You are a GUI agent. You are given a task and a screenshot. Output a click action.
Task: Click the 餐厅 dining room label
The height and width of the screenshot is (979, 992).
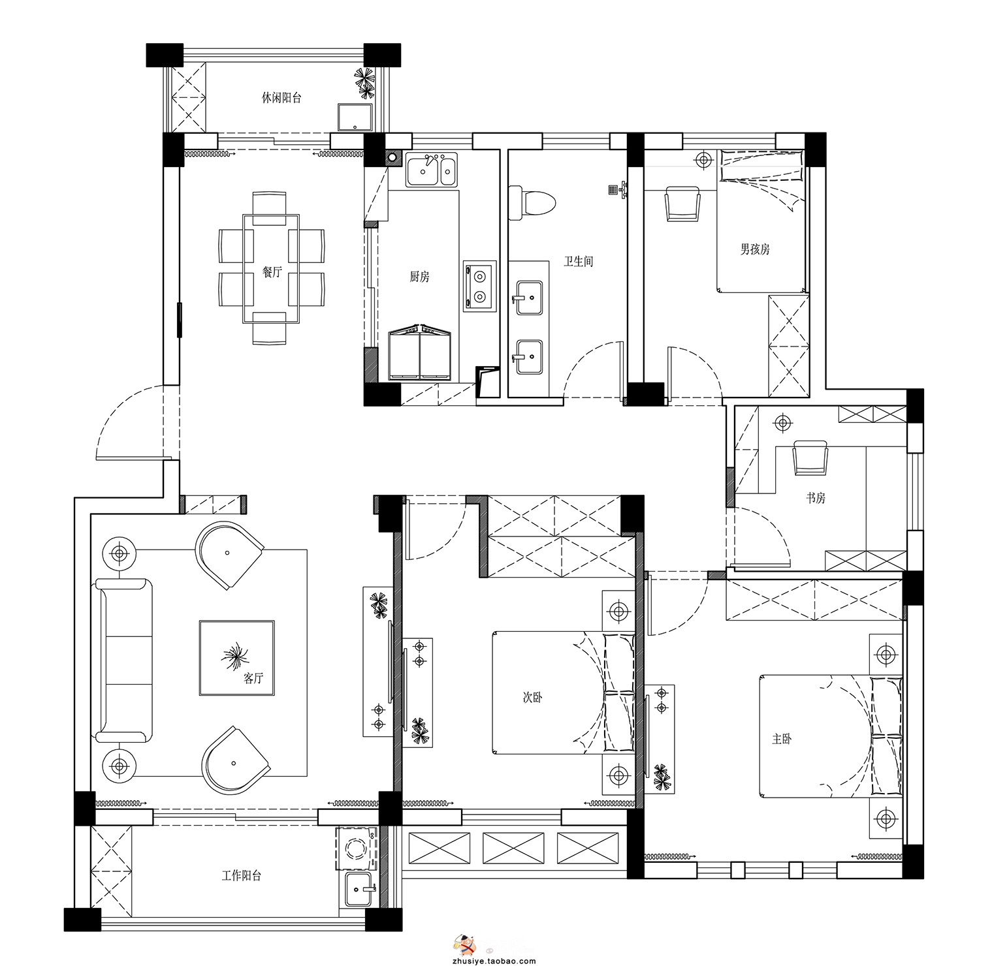coord(272,272)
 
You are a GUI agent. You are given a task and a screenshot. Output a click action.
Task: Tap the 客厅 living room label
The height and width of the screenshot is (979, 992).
coord(253,678)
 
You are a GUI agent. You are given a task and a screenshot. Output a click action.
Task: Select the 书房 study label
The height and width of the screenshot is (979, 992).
coord(816,498)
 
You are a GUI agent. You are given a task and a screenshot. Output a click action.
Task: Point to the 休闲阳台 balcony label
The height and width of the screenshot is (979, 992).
coord(281,98)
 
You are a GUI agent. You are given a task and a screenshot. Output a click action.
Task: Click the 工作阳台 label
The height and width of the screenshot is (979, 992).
coord(241,876)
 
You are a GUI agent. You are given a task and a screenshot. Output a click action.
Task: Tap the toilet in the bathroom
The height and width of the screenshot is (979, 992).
coord(532,202)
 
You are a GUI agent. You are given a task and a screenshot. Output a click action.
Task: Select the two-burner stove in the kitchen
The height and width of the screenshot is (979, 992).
coord(480,286)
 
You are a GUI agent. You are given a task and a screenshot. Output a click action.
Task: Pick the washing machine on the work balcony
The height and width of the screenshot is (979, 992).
coord(356,849)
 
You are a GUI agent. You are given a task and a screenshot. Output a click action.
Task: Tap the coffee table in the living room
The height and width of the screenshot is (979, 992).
coord(236,658)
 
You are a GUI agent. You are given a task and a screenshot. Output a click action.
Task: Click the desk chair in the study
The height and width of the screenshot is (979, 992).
coord(810,458)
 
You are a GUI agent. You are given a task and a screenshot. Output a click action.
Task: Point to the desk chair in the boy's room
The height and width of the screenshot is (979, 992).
coord(682,204)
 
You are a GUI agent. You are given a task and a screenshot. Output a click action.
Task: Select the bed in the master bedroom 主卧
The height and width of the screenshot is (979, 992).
coord(830,736)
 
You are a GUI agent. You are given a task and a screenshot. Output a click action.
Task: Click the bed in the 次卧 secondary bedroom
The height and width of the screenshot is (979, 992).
coord(563,692)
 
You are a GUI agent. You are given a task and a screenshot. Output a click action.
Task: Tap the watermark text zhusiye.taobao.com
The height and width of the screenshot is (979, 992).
coord(494,961)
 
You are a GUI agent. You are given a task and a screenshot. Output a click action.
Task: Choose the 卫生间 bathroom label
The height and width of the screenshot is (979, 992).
coord(579,262)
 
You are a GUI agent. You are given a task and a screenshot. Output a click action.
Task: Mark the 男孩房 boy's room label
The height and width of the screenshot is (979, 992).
coord(755,249)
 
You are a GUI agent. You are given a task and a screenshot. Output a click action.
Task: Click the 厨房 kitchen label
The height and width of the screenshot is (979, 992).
coord(419,277)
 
